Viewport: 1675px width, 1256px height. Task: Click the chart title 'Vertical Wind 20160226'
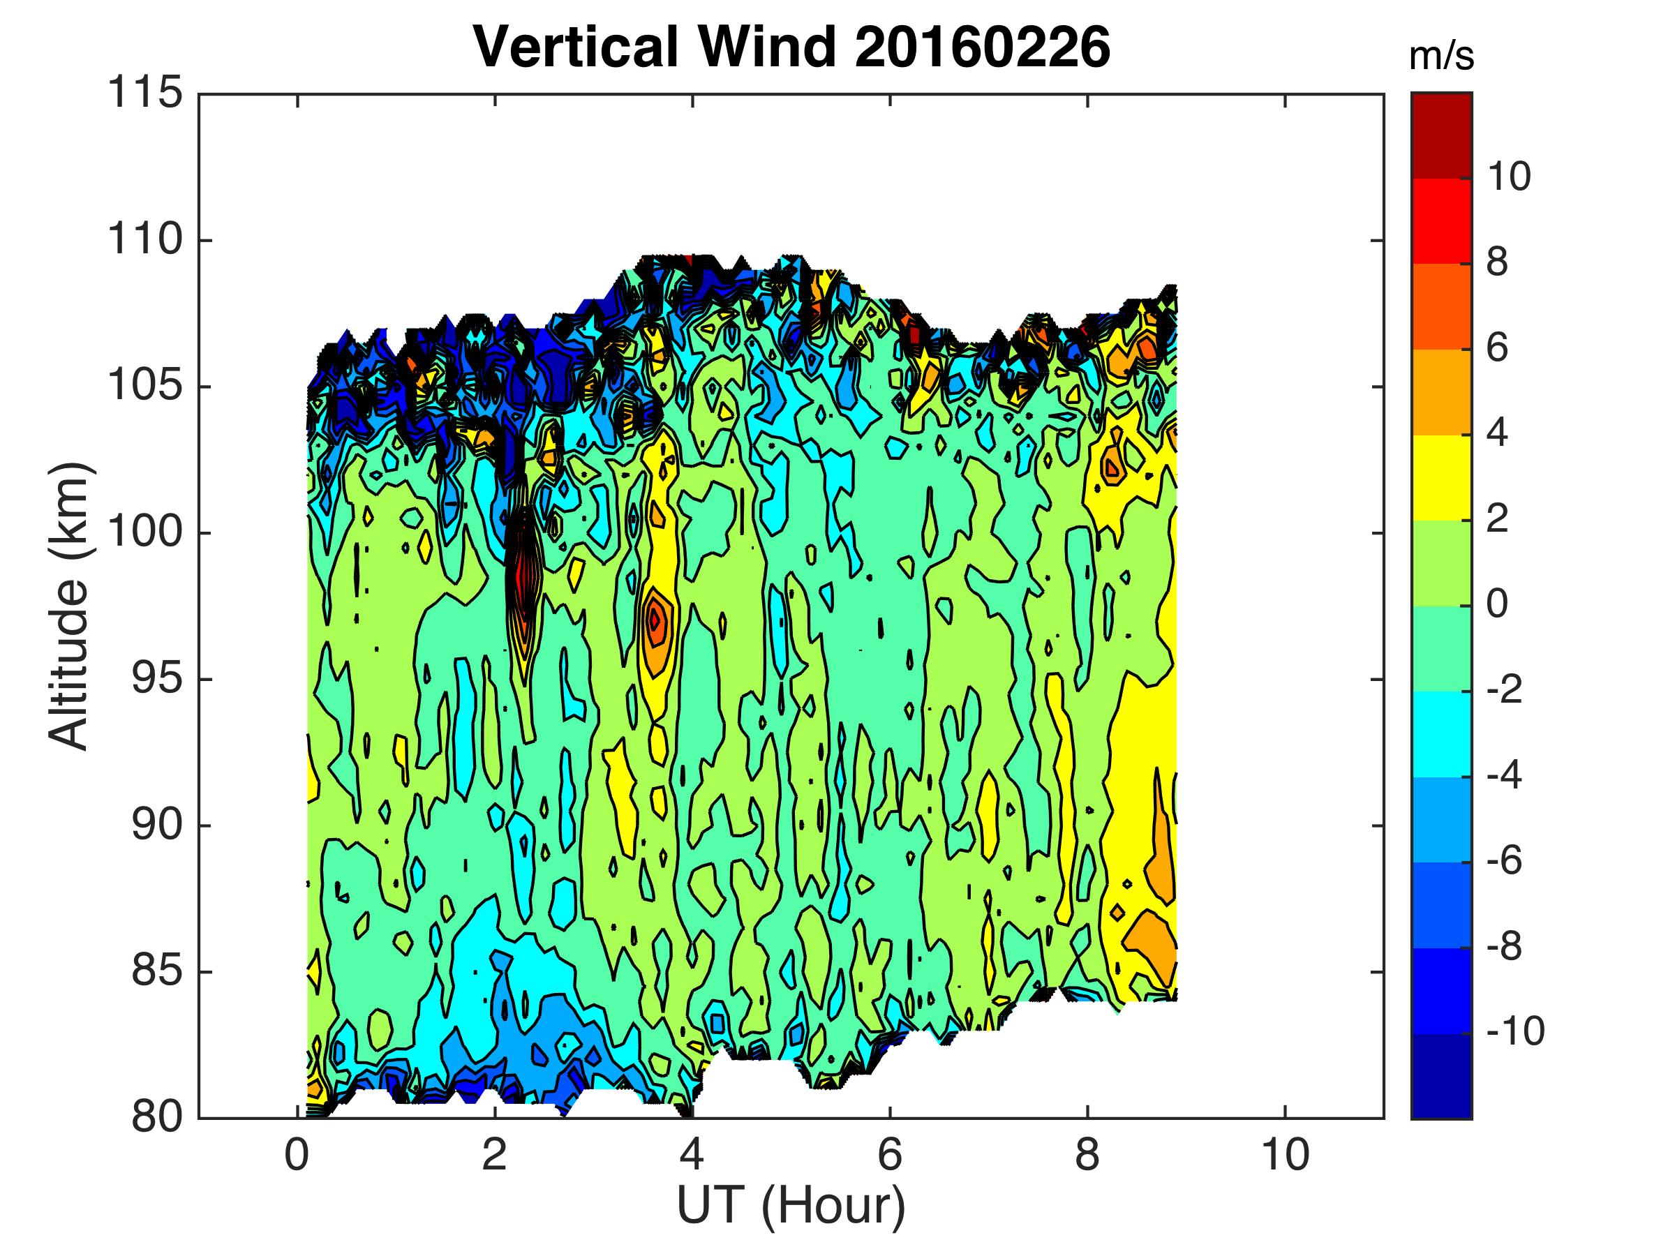point(791,47)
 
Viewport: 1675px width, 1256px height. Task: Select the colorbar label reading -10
point(1515,1031)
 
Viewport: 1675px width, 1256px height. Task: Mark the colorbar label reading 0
point(1497,604)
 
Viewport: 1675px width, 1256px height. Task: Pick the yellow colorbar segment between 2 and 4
point(1441,477)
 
